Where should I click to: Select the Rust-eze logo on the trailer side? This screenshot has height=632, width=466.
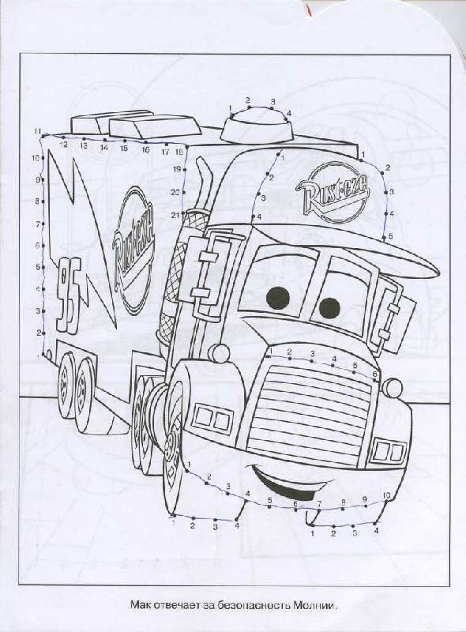133,250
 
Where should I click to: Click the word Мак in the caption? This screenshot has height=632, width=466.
139,605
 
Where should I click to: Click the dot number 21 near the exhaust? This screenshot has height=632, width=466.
184,213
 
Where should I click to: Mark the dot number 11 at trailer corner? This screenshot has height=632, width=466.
43,136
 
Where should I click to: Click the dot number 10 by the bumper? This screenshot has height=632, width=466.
387,501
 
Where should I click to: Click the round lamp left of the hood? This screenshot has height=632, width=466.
220,353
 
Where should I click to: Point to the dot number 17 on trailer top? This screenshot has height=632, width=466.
166,144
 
